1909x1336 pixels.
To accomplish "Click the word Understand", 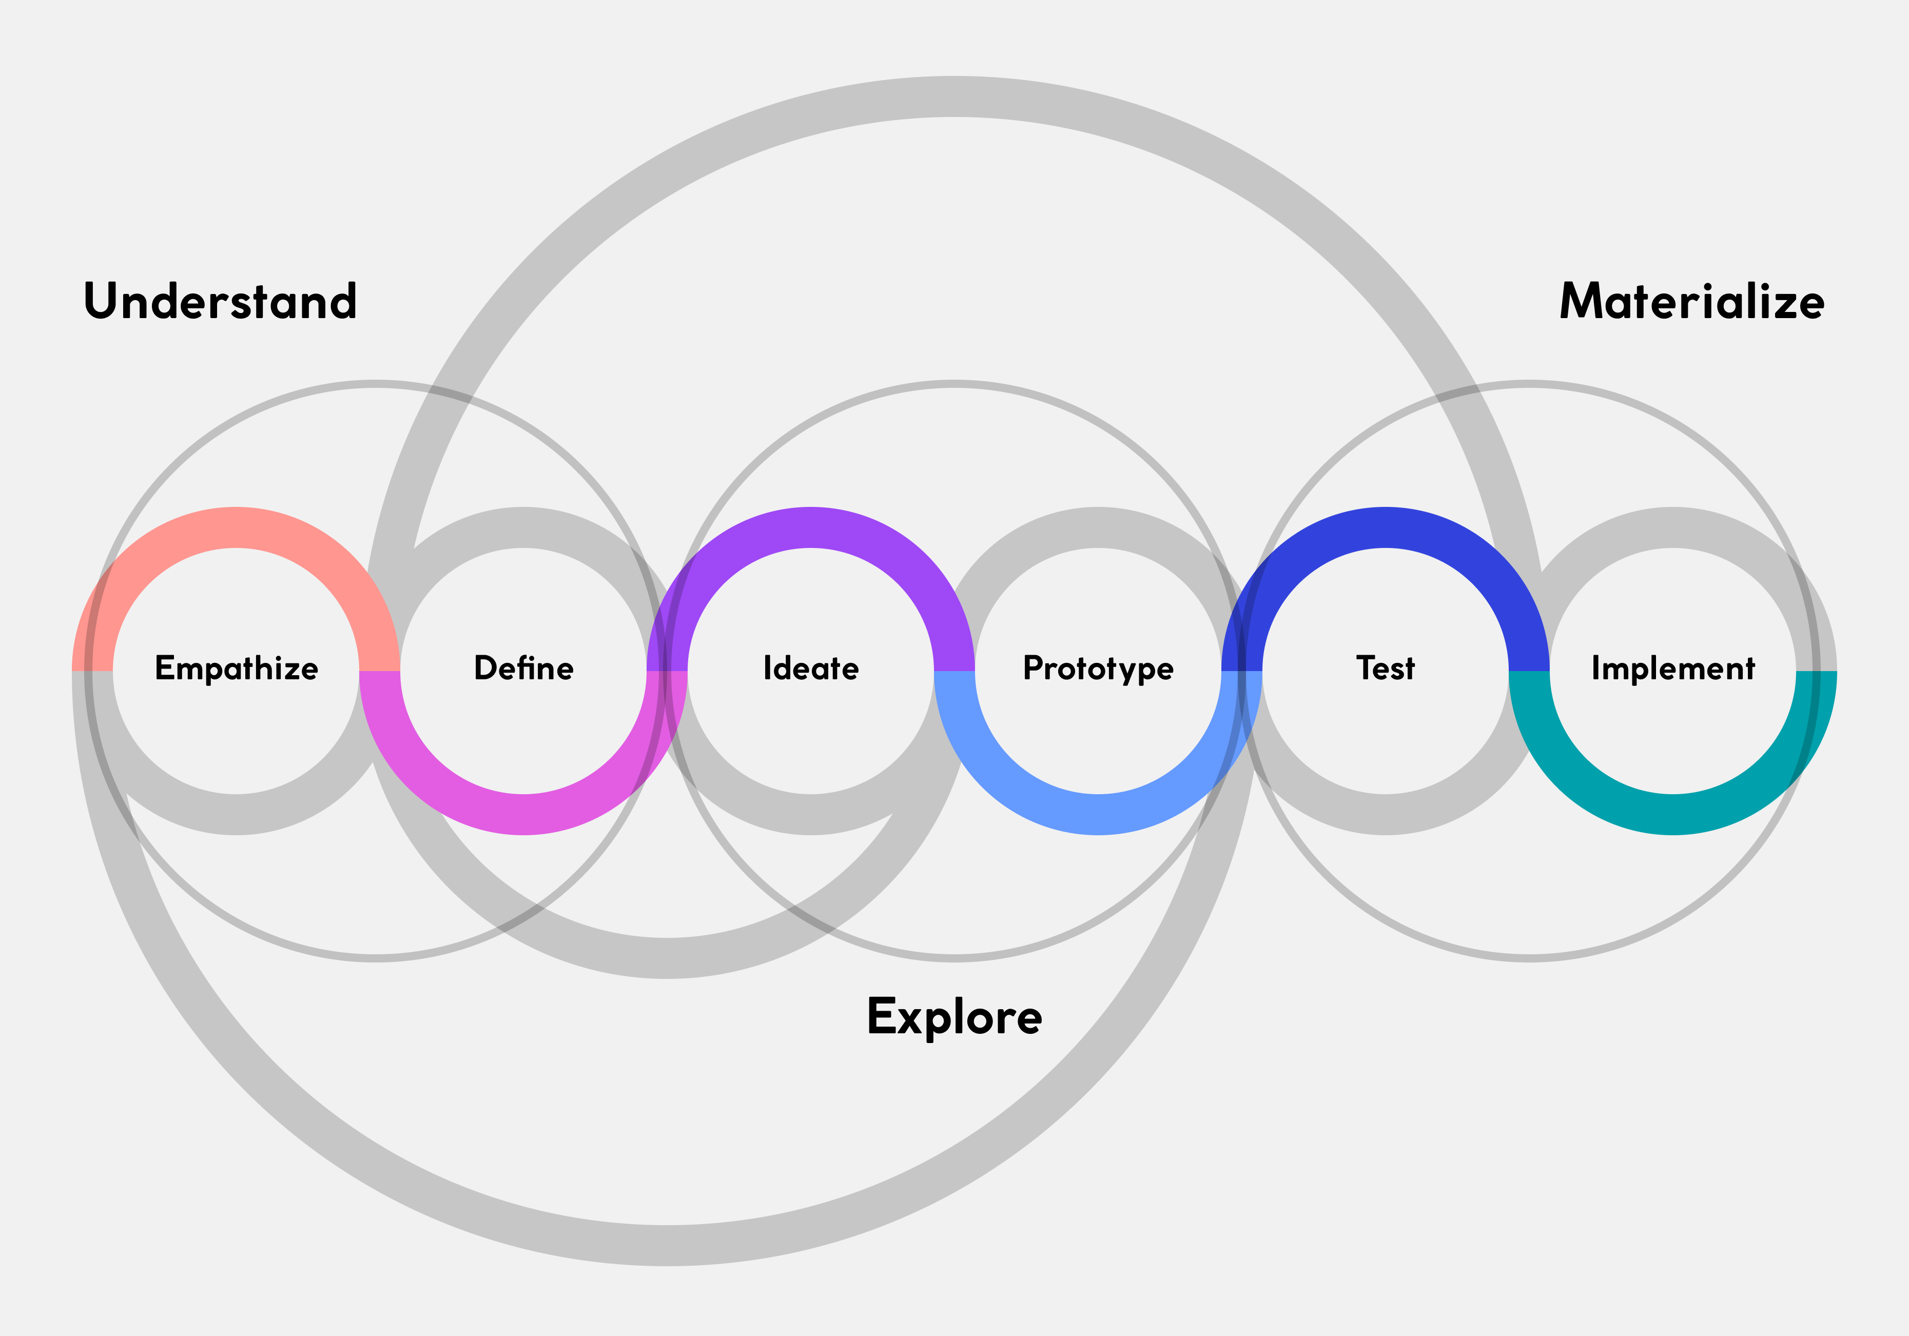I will pyautogui.click(x=220, y=301).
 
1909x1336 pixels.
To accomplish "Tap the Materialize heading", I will pyautogui.click(x=1691, y=301).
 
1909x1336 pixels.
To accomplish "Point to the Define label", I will pyautogui.click(x=524, y=669).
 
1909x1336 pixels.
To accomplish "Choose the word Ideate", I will pyautogui.click(x=811, y=669).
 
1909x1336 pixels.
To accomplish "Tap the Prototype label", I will pyautogui.click(x=1098, y=669).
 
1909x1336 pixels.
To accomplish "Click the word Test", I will pyautogui.click(x=1385, y=669).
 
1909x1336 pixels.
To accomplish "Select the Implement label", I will pyautogui.click(x=1673, y=669).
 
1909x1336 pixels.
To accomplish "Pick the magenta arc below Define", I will pyautogui.click(x=524, y=815).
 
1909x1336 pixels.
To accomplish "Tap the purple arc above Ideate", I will pyautogui.click(x=811, y=527).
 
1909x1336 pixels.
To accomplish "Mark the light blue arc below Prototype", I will pyautogui.click(x=1098, y=815).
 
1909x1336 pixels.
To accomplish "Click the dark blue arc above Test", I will pyautogui.click(x=1385, y=527).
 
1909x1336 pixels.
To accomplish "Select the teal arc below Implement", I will pyautogui.click(x=1673, y=815).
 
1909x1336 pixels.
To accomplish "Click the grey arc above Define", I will pyautogui.click(x=524, y=527).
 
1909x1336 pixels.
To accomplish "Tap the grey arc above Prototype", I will pyautogui.click(x=1098, y=527).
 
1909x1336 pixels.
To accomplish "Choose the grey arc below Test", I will pyautogui.click(x=1385, y=815).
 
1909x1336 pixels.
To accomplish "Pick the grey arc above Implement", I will pyautogui.click(x=1673, y=527).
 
